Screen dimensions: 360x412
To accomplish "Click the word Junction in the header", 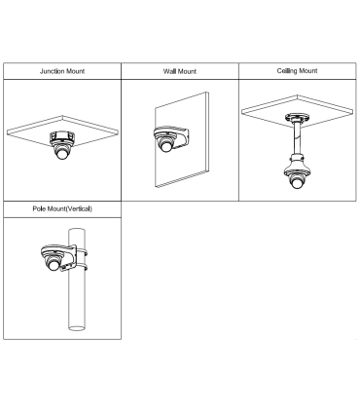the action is click(x=53, y=71).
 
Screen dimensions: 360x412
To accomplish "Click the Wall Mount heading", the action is click(x=180, y=71).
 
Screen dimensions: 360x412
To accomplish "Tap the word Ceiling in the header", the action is click(x=287, y=71).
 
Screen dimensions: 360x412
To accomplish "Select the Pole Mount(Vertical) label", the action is click(x=62, y=208).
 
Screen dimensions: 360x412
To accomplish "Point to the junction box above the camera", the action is click(x=62, y=135).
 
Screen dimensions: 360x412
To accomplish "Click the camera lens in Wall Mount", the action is click(x=165, y=146).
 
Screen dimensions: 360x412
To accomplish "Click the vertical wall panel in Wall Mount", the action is click(x=182, y=140).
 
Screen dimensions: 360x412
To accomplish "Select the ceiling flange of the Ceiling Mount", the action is click(x=297, y=117).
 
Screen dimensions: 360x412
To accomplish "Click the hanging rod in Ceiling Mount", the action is click(x=297, y=137).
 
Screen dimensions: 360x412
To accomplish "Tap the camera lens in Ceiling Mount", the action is click(x=297, y=182).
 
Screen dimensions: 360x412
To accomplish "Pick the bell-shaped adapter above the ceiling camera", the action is click(x=297, y=165).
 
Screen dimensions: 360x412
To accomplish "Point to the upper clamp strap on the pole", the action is click(x=80, y=252).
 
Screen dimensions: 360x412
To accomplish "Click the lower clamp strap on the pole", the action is click(x=80, y=268).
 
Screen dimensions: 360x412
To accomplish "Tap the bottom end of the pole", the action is click(x=77, y=328).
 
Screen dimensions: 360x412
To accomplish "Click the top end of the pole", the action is click(x=77, y=230).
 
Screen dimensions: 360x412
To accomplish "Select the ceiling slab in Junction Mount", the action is click(x=62, y=130).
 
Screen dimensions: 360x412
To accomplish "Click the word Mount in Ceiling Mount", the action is click(x=308, y=71).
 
